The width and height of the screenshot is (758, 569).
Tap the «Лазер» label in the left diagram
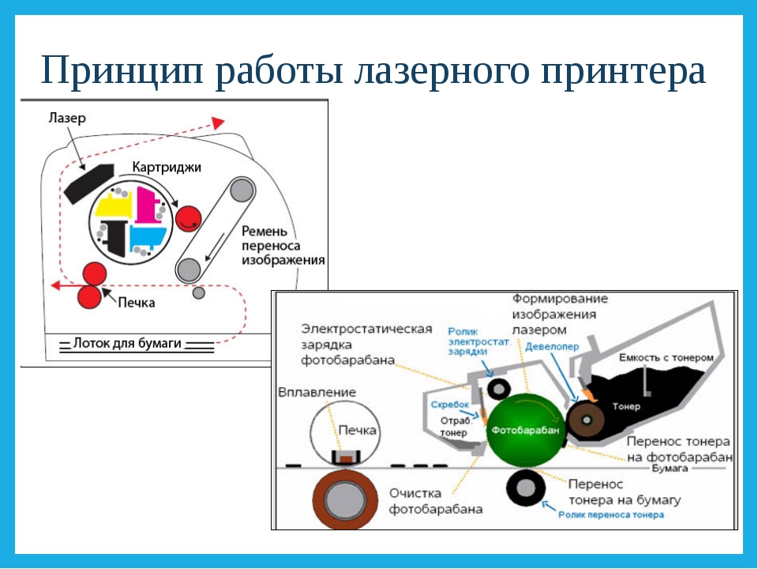pos(66,118)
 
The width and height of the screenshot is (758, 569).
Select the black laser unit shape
pos(89,183)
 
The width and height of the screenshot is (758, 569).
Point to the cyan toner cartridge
pos(147,237)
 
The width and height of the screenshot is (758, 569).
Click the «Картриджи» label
pos(167,168)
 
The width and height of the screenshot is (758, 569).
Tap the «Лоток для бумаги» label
pos(127,344)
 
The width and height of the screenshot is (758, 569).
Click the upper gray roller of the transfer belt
pos(242,190)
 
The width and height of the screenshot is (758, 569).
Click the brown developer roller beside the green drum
pos(584,420)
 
